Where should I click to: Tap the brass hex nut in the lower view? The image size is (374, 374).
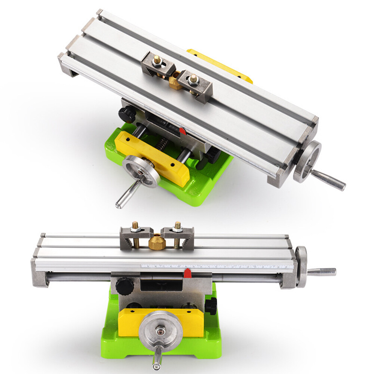(x=157, y=243)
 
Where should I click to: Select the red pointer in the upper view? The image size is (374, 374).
(x=182, y=131)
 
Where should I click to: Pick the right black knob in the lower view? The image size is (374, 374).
(x=211, y=306)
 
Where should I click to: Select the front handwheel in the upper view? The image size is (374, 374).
(x=141, y=171)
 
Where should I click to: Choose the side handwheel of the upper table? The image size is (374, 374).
(x=307, y=161)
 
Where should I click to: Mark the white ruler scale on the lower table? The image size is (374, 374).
(x=217, y=266)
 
